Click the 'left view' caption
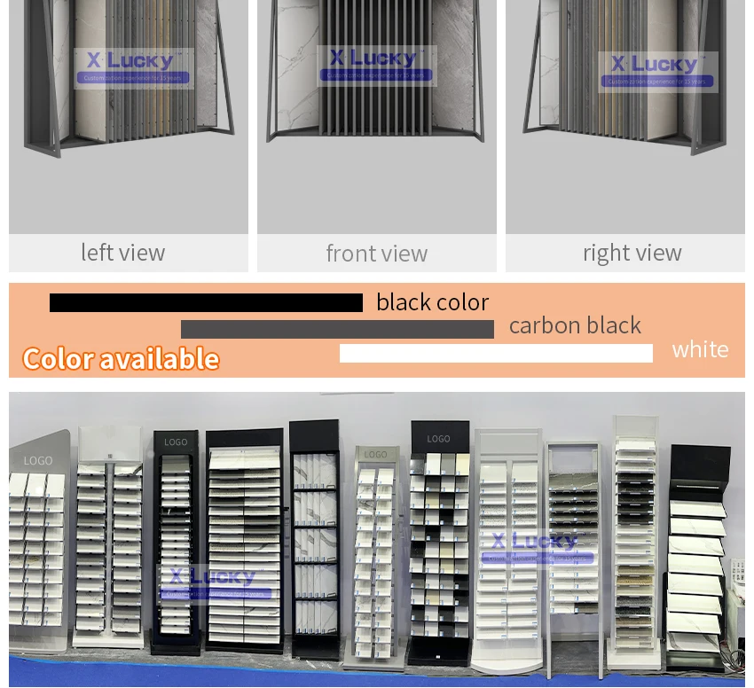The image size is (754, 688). coord(122,253)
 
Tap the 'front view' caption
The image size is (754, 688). coord(376,254)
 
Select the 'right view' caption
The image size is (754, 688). coord(632,253)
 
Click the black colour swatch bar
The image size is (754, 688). coord(206,303)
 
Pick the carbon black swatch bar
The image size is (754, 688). coord(337,330)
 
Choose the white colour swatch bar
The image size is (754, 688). coord(496,353)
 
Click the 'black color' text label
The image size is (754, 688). coord(432,302)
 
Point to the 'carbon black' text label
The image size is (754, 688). coord(575,325)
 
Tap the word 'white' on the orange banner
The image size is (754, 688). coord(700,349)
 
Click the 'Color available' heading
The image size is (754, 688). coord(121,359)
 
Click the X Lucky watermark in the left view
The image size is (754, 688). coord(133,66)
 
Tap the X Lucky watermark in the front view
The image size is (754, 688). coord(377,65)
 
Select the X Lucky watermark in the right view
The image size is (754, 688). coord(656,70)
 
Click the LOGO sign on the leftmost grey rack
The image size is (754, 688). coord(38,461)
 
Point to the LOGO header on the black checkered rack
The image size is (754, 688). coord(438,439)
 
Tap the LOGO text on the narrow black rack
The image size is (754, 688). coord(176,442)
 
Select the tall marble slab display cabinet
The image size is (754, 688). coord(315,541)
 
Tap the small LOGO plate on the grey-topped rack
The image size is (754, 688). coord(375,455)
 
